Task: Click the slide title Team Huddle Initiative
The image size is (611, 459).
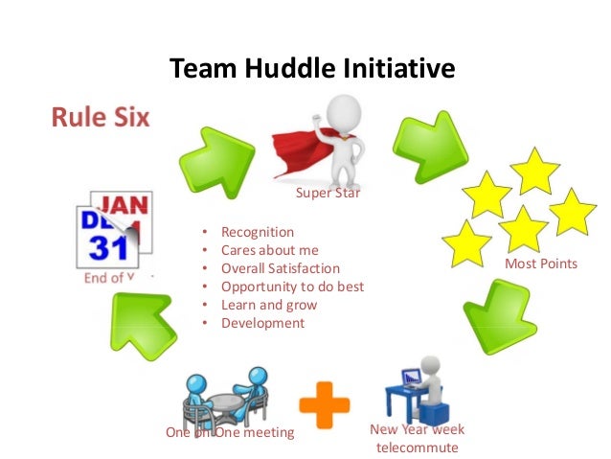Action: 310,69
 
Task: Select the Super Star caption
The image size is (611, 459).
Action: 328,195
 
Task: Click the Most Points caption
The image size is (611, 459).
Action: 547,263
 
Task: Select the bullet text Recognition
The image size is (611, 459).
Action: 258,232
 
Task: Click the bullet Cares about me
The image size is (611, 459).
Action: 269,250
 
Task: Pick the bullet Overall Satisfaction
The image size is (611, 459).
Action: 280,268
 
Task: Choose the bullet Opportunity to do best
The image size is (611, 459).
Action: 292,287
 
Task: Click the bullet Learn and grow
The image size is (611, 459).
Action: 268,305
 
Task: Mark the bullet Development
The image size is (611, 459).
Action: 262,323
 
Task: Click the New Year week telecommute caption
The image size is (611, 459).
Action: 417,439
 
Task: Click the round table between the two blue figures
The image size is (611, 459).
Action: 227,403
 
